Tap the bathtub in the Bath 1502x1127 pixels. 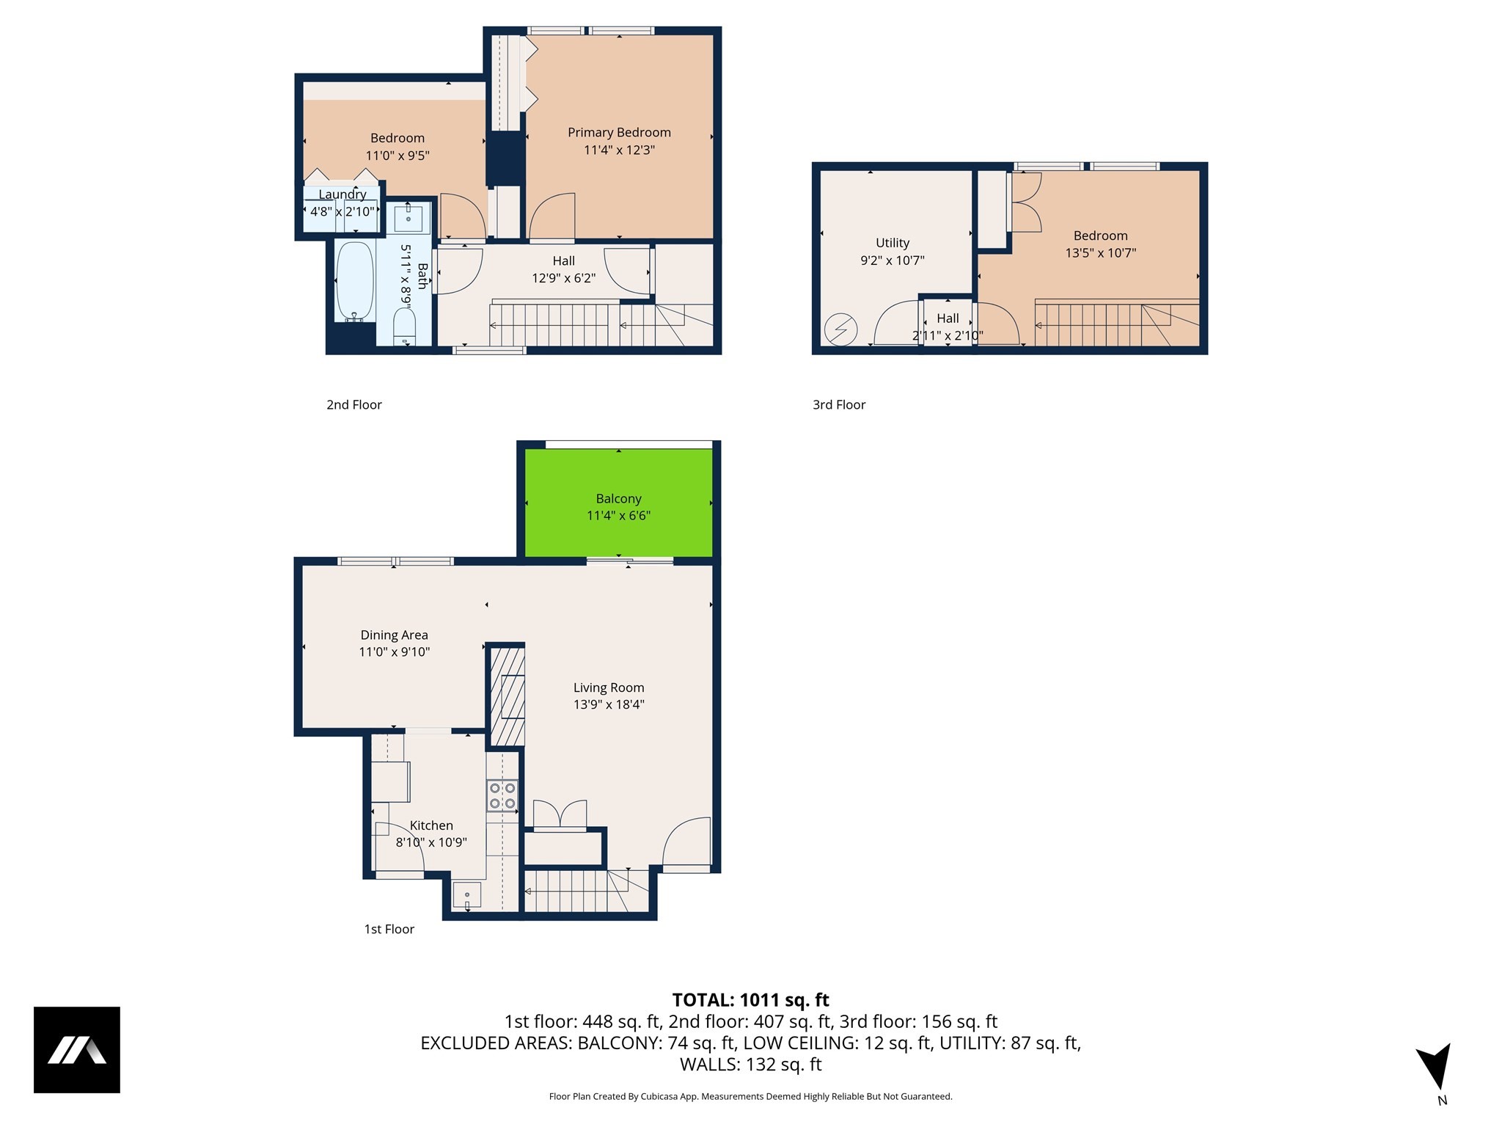[x=355, y=282]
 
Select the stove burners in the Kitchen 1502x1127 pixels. [x=502, y=796]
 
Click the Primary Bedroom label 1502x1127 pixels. [x=619, y=133]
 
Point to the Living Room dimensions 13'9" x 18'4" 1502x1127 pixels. [x=609, y=705]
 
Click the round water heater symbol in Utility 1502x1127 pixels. [x=840, y=329]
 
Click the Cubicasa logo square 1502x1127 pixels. [x=77, y=1050]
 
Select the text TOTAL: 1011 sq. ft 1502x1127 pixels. [x=750, y=1000]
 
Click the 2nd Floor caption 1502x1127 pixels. [x=354, y=405]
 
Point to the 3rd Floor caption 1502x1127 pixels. [x=839, y=405]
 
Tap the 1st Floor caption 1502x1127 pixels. [x=389, y=930]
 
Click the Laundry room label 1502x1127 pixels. [x=342, y=194]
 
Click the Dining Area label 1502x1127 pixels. [x=394, y=635]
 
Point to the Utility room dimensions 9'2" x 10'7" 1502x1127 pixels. [x=893, y=260]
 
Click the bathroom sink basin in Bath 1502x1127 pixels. [x=409, y=218]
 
